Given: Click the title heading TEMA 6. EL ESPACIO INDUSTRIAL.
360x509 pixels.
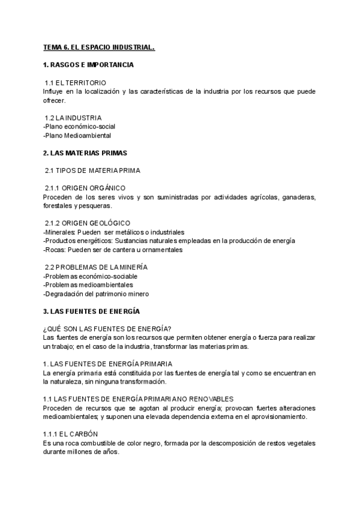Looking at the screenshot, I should [x=99, y=47].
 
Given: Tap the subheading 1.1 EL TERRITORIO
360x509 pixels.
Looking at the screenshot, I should [x=76, y=82].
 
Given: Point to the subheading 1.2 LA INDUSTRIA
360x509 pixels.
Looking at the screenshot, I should [x=74, y=118].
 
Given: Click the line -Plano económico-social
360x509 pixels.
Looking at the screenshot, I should [x=79, y=127].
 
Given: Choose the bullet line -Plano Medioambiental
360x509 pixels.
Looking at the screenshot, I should [x=77, y=136].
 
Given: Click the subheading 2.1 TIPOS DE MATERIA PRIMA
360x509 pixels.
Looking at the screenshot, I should [x=93, y=170].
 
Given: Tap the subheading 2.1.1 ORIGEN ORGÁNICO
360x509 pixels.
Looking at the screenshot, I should [x=85, y=188].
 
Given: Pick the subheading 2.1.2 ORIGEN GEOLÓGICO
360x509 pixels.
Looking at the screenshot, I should [x=88, y=223].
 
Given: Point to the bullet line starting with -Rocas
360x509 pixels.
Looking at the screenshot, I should [x=113, y=250].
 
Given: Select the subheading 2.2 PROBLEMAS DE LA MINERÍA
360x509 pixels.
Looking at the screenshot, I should [x=97, y=267].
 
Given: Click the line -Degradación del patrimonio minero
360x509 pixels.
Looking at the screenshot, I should [x=96, y=294].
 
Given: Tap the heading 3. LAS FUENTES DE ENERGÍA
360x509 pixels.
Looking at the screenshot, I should [x=91, y=312].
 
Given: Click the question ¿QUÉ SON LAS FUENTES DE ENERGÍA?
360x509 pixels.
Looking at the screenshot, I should [x=107, y=328].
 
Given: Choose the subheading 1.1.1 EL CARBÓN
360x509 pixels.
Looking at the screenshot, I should [x=71, y=434].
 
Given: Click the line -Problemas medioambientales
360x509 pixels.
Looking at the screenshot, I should [x=88, y=285].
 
